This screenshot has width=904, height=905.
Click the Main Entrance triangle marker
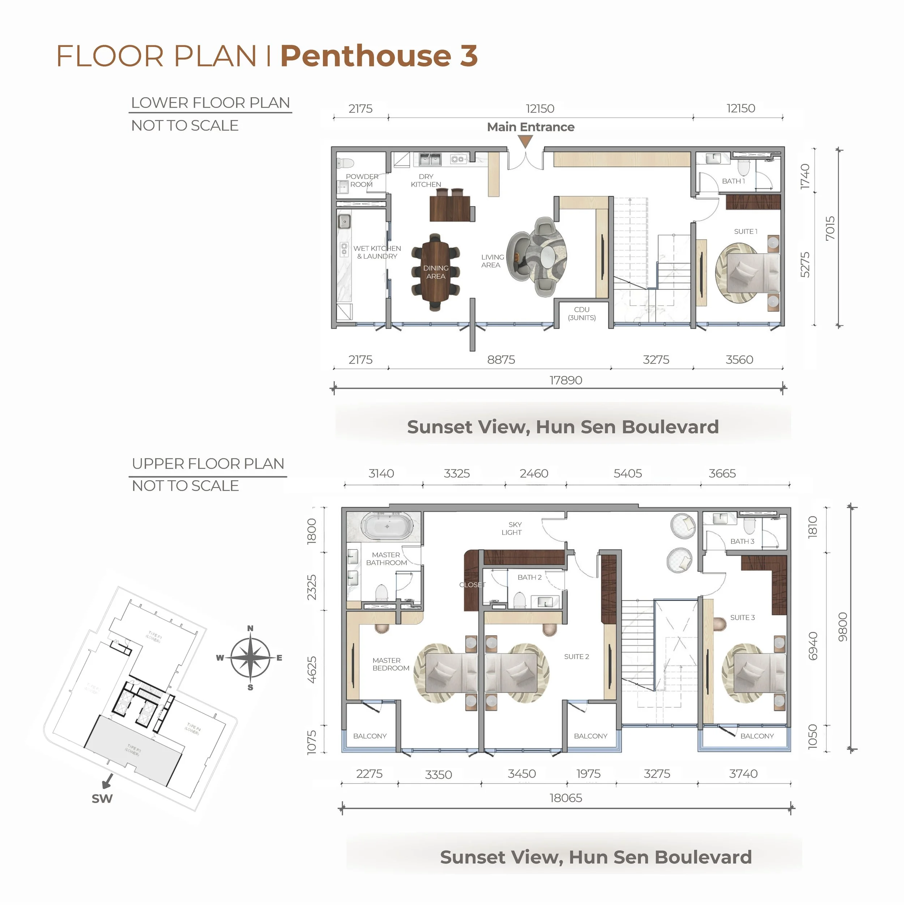pos(525,141)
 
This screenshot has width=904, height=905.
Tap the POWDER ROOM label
pos(362,180)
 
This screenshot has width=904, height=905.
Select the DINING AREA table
pos(436,272)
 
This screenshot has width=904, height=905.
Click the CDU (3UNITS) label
pos(582,313)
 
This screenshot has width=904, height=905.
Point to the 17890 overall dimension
pos(565,380)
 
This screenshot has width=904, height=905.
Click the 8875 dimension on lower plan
pos(501,360)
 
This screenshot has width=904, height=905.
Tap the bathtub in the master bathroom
pos(387,526)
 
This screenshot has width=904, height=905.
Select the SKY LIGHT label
pos(512,528)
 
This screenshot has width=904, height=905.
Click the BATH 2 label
pos(529,577)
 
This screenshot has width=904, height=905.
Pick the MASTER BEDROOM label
pos(390,664)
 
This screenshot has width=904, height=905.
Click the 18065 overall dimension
pos(565,798)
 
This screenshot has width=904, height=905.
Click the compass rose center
pos(251,658)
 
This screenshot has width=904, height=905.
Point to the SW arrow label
pos(102,798)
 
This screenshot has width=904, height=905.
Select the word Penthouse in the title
pos(365,56)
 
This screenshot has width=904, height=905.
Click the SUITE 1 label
pos(745,231)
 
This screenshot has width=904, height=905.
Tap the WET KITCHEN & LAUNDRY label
pos(377,252)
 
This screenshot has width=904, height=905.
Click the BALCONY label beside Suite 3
pos(757,736)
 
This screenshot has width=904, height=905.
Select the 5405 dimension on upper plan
pos(628,474)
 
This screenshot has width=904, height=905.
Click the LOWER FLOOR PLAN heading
pos(210,103)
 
